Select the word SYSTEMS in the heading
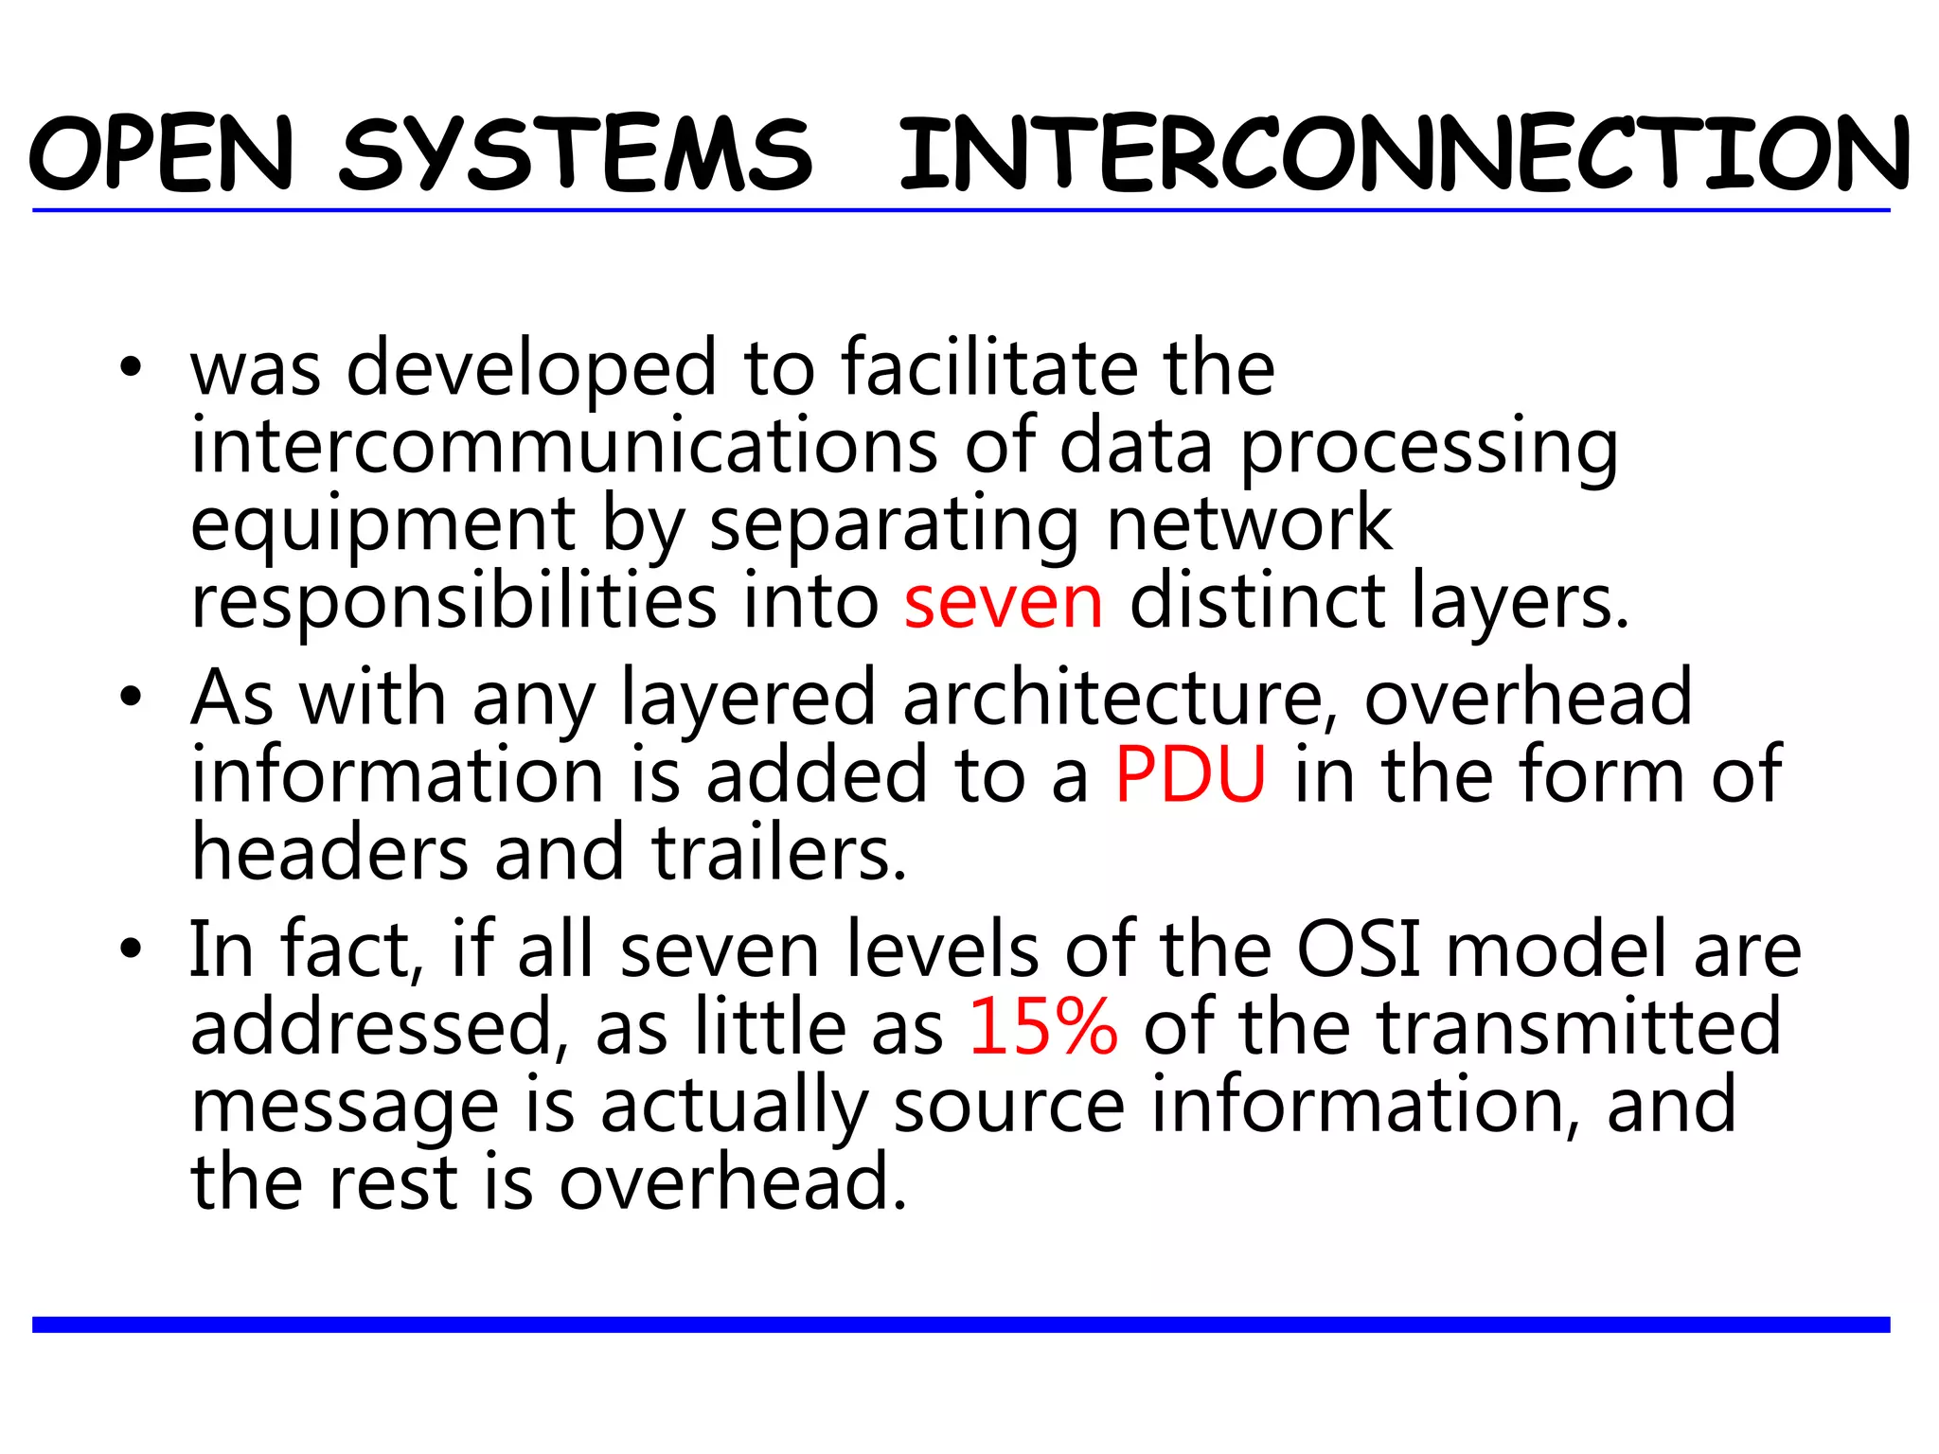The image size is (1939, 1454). pyautogui.click(x=576, y=154)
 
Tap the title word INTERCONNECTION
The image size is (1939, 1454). pyautogui.click(x=1404, y=154)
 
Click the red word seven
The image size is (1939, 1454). pyautogui.click(x=1004, y=603)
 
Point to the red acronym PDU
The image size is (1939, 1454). pyautogui.click(x=1190, y=775)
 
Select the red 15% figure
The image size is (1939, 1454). pyautogui.click(x=1042, y=1027)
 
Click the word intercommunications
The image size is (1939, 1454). pyautogui.click(x=564, y=446)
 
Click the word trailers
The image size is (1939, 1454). pyautogui.click(x=779, y=853)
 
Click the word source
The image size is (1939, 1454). pyautogui.click(x=1009, y=1106)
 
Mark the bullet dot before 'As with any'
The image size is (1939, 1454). pyautogui.click(x=131, y=699)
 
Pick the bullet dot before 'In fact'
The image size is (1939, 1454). pyautogui.click(x=131, y=949)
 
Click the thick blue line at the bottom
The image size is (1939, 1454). pyautogui.click(x=961, y=1324)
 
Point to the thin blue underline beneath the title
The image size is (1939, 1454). pyautogui.click(x=961, y=210)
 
